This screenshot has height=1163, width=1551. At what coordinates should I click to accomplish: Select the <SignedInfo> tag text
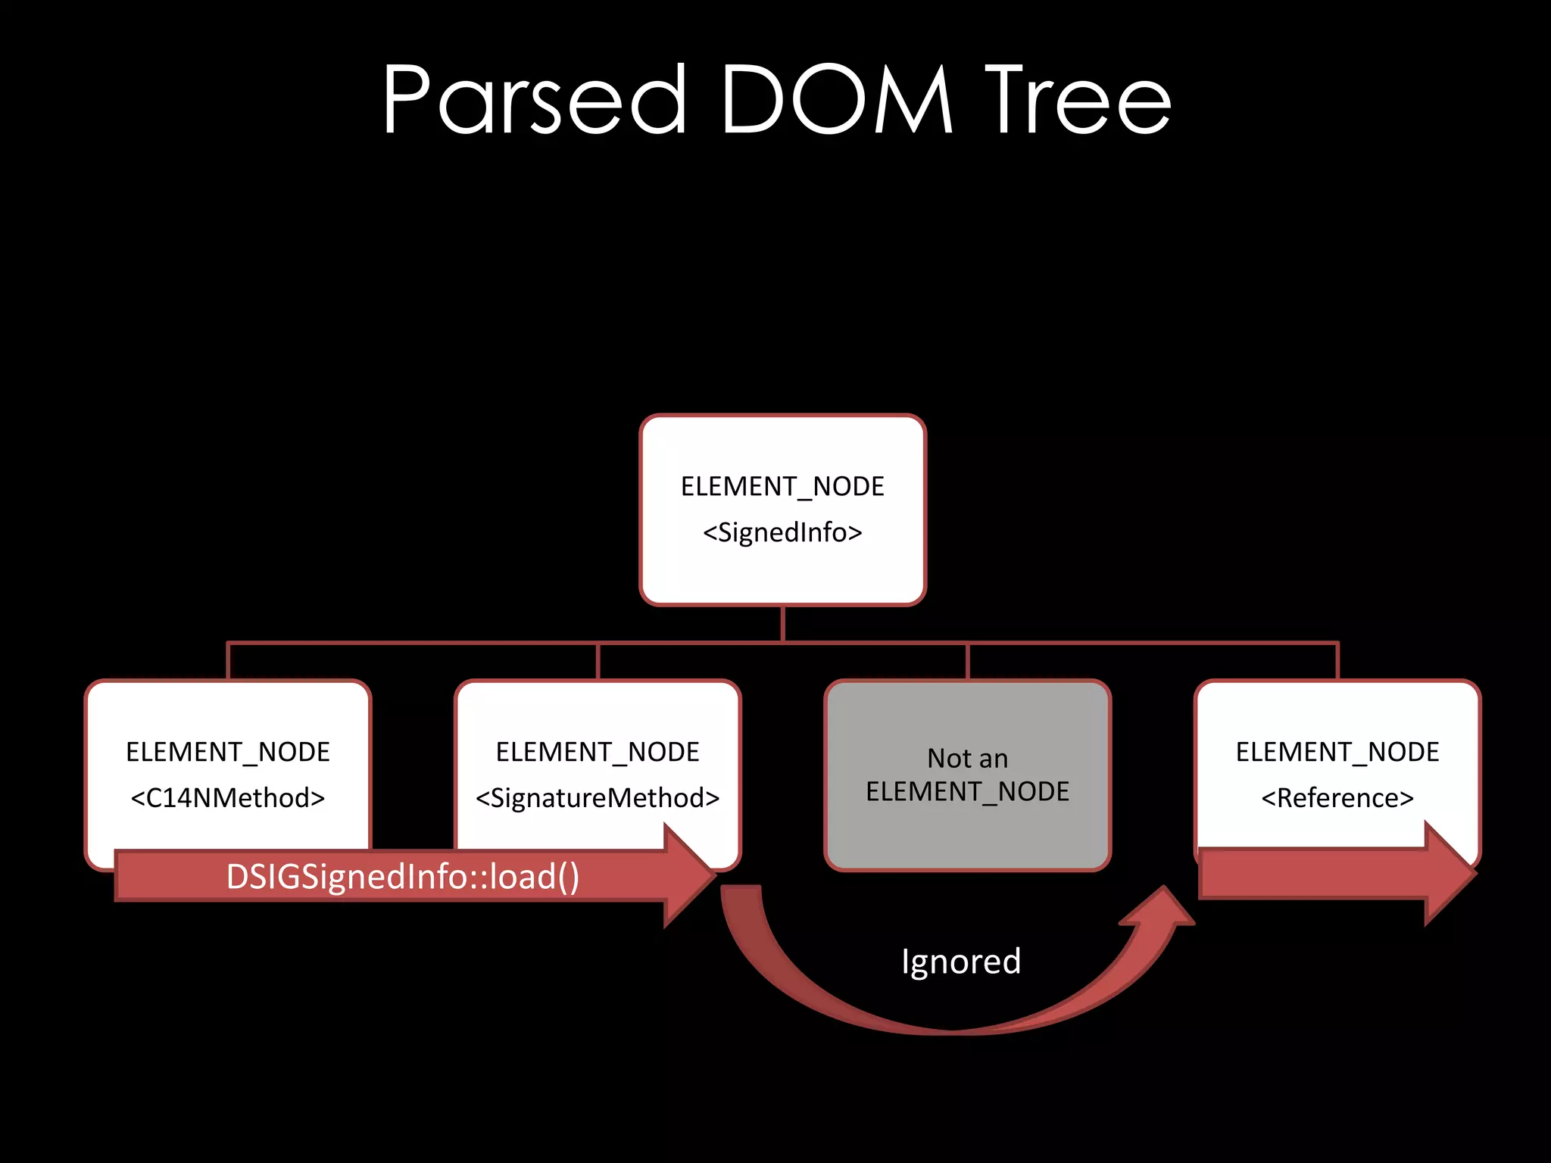point(782,533)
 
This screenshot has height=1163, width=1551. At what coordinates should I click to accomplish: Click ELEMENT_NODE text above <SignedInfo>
point(782,487)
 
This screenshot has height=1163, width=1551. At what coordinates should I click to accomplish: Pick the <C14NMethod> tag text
point(227,798)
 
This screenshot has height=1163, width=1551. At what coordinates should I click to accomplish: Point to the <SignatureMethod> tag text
point(598,798)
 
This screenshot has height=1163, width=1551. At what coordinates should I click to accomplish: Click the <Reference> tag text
point(1337,798)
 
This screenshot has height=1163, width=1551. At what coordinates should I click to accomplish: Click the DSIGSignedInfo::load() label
point(403,877)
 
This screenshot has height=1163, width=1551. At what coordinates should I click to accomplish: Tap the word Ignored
point(961,962)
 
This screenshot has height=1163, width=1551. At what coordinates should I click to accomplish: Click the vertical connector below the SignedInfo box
point(782,624)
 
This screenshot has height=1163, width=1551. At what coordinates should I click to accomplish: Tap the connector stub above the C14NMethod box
point(228,661)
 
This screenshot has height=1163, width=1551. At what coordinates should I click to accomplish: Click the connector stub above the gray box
point(967,661)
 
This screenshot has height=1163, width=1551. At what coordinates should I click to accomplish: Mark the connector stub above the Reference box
point(1337,661)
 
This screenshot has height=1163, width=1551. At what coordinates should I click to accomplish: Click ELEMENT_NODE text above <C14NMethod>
point(227,752)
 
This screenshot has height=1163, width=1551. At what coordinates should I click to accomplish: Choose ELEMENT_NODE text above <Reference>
point(1337,752)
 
